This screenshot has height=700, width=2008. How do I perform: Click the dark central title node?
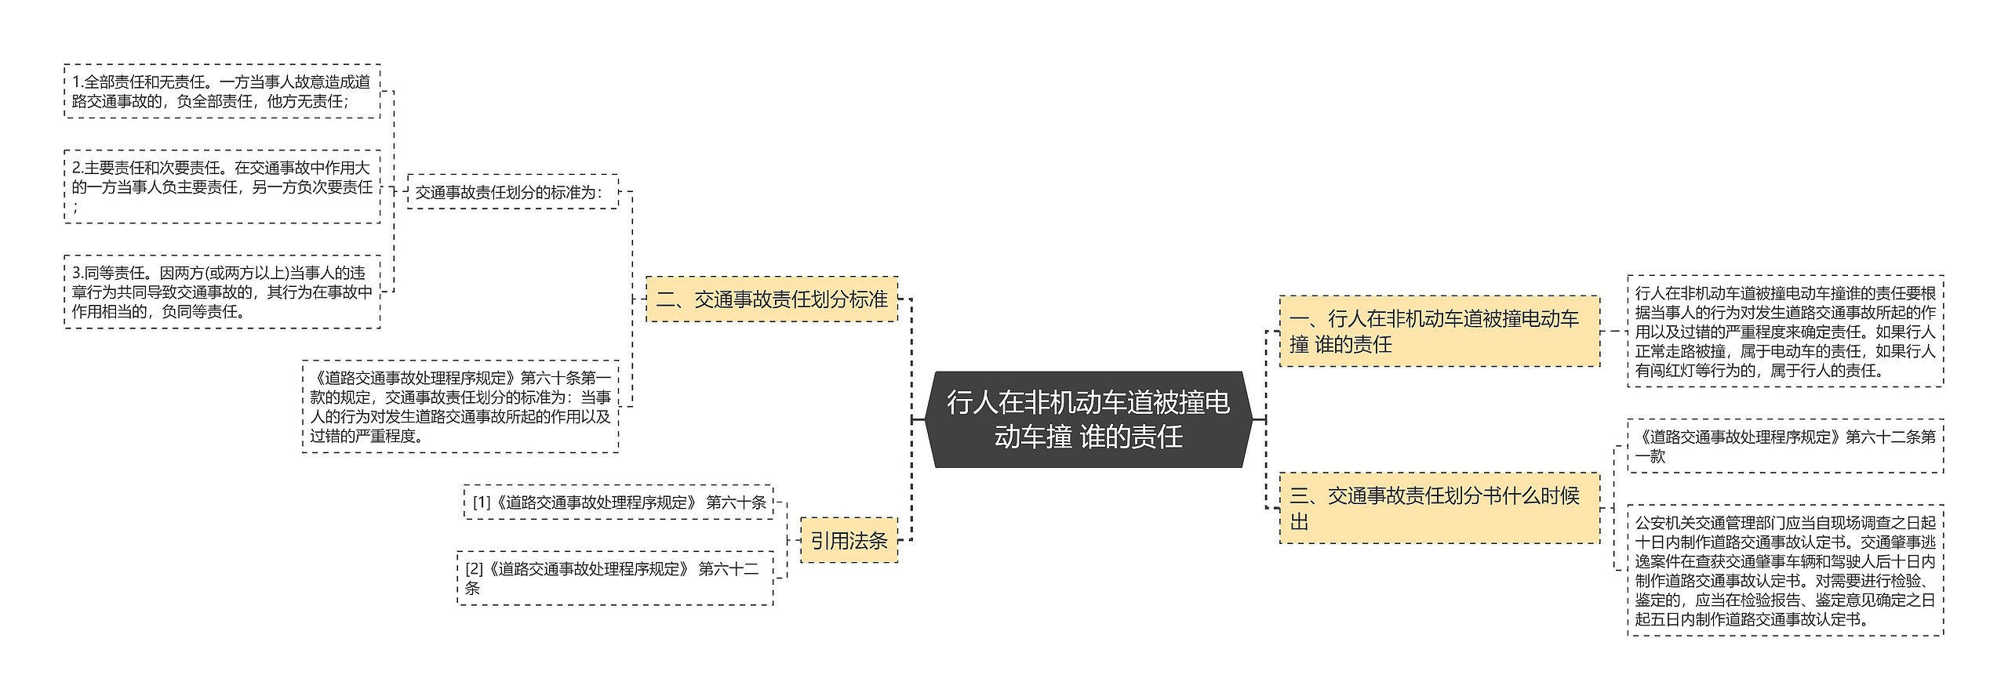tap(1088, 419)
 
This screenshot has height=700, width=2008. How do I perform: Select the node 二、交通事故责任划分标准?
tap(771, 299)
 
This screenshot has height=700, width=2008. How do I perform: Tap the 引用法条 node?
tap(849, 540)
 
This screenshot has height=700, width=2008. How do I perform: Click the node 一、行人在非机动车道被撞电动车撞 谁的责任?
tap(1439, 331)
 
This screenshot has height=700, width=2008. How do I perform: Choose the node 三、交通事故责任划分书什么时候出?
tap(1439, 508)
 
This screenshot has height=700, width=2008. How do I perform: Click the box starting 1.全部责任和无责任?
tap(222, 91)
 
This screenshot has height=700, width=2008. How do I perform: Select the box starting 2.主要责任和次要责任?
tap(222, 187)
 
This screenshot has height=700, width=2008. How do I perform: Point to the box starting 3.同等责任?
tap(222, 292)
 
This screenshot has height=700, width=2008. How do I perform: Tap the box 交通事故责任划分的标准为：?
tap(512, 191)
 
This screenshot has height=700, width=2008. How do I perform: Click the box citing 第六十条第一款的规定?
tap(460, 406)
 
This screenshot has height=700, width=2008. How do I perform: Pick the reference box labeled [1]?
tap(618, 502)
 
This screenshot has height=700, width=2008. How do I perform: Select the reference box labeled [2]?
tap(615, 578)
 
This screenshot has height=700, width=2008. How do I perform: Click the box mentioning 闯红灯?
tap(1785, 331)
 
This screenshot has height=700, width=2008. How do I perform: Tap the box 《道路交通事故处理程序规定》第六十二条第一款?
tap(1785, 446)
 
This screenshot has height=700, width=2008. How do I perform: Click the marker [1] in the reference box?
tap(481, 502)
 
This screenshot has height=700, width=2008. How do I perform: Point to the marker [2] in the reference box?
tap(474, 569)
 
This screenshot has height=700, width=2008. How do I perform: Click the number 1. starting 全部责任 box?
tap(78, 82)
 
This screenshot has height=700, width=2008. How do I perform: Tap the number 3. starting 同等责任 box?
tap(78, 274)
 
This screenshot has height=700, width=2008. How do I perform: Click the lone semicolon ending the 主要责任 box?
tap(75, 207)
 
